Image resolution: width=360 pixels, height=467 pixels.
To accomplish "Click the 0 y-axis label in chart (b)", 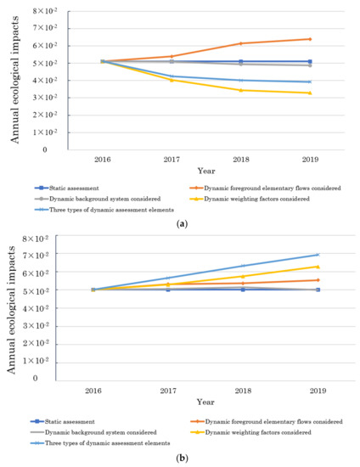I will coord(59,379).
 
